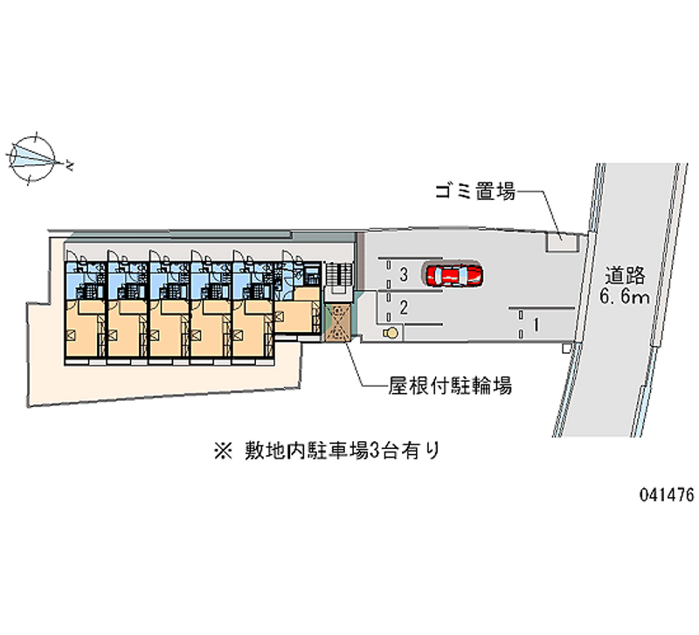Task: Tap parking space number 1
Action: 536,324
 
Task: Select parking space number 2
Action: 404,307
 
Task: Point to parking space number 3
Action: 404,274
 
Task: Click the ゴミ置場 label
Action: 475,191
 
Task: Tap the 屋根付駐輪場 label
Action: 450,385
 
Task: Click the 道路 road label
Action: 625,275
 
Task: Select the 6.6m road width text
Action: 624,296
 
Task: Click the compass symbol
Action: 32,158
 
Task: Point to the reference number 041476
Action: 668,494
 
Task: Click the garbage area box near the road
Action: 562,242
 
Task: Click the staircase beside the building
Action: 339,275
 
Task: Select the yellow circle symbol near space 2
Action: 391,333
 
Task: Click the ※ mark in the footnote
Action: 224,451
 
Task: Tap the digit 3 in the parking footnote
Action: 375,452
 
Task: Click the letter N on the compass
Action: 70,166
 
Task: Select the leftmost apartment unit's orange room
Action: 81,328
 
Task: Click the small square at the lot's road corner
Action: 566,349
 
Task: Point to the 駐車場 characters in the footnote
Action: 338,451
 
